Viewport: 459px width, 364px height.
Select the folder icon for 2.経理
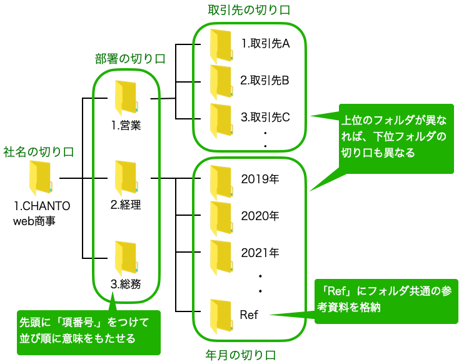click(125, 179)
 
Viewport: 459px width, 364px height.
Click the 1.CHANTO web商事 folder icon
click(41, 179)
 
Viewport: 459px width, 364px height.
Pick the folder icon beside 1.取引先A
click(221, 45)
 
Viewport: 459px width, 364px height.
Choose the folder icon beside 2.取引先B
click(221, 81)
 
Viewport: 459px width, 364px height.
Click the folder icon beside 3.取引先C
click(221, 118)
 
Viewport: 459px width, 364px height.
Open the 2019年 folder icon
click(221, 180)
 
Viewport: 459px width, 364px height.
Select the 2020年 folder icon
click(221, 216)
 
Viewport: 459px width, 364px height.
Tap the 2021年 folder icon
click(221, 255)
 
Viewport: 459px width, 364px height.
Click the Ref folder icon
click(221, 315)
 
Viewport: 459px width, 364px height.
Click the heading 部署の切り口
click(130, 59)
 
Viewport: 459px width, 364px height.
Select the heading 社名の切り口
click(38, 151)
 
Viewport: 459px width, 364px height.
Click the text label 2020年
click(260, 216)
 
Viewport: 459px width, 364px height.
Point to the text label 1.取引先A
click(265, 44)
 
